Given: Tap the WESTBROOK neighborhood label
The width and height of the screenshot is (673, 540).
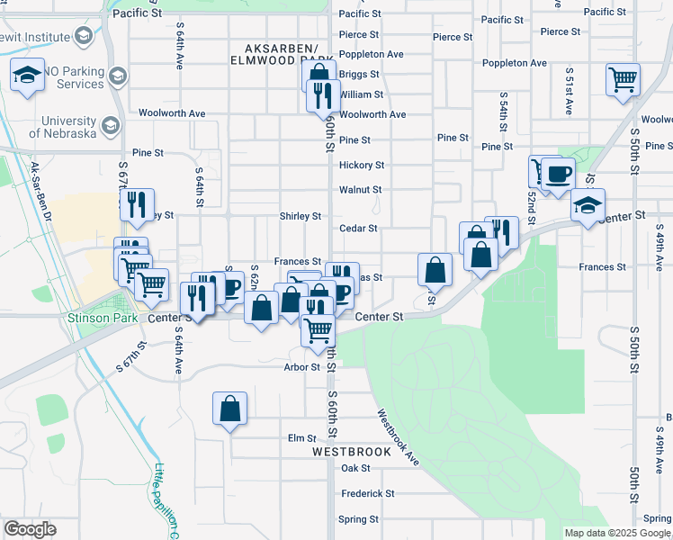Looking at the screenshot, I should [352, 452].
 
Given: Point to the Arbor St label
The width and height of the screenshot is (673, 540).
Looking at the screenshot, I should [301, 367].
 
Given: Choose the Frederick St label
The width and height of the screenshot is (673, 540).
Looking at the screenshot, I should [367, 493].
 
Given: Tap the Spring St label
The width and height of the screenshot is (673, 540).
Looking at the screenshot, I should [357, 519].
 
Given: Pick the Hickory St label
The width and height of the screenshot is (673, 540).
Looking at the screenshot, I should [362, 166].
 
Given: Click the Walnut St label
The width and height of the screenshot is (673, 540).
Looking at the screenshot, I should [360, 190].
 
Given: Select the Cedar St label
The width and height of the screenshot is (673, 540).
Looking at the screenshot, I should [358, 229].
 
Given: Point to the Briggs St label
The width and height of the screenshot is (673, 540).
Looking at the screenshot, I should [359, 74].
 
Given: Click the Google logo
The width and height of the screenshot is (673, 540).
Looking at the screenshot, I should [30, 529].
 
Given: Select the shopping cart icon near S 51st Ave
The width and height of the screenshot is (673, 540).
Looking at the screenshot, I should [623, 80].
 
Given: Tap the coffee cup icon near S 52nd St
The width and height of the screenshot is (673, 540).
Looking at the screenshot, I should [557, 173].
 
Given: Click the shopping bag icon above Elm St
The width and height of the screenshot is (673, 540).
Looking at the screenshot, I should [230, 408].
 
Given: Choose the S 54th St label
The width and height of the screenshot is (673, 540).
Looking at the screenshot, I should [501, 112].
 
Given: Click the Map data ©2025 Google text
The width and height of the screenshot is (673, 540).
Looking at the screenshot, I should [616, 533].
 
